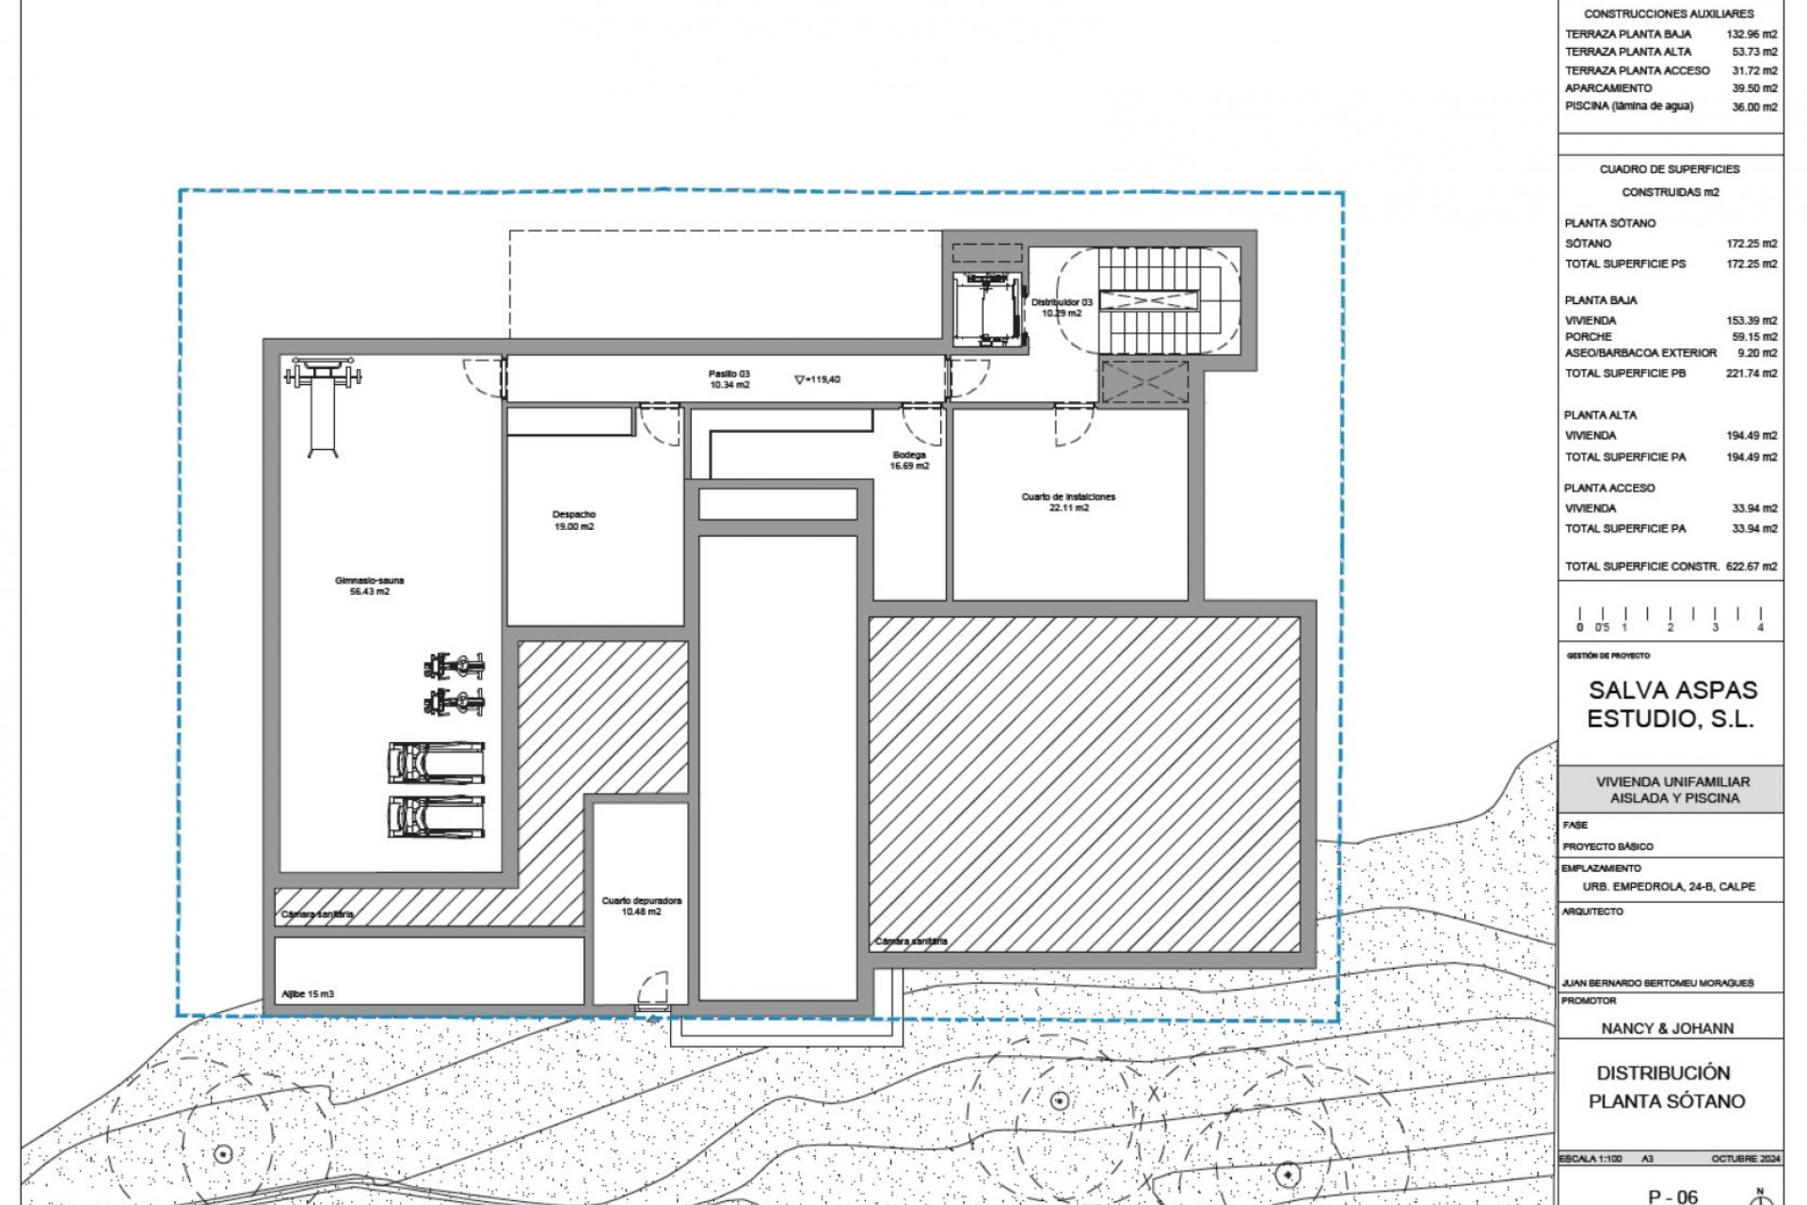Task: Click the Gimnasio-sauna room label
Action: coord(369,586)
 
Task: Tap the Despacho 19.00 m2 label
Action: coord(573,521)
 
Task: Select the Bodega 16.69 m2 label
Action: coord(910,460)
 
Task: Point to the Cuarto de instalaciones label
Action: coord(1068,502)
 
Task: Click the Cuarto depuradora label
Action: coord(642,906)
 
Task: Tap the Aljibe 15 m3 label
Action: coord(308,994)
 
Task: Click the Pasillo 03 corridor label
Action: coord(729,379)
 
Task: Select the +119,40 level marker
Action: coord(818,379)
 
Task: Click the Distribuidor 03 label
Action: coord(1062,308)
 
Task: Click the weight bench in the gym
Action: coord(323,405)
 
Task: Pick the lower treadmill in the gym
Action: coord(437,817)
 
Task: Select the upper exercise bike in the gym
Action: coord(455,667)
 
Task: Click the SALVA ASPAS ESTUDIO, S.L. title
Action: coord(1671,704)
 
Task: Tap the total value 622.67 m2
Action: coord(1751,567)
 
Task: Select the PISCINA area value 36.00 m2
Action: coord(1754,107)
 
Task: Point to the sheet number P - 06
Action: coord(1672,1197)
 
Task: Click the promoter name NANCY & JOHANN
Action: coord(1667,1028)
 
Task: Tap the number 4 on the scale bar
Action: coord(1760,627)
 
